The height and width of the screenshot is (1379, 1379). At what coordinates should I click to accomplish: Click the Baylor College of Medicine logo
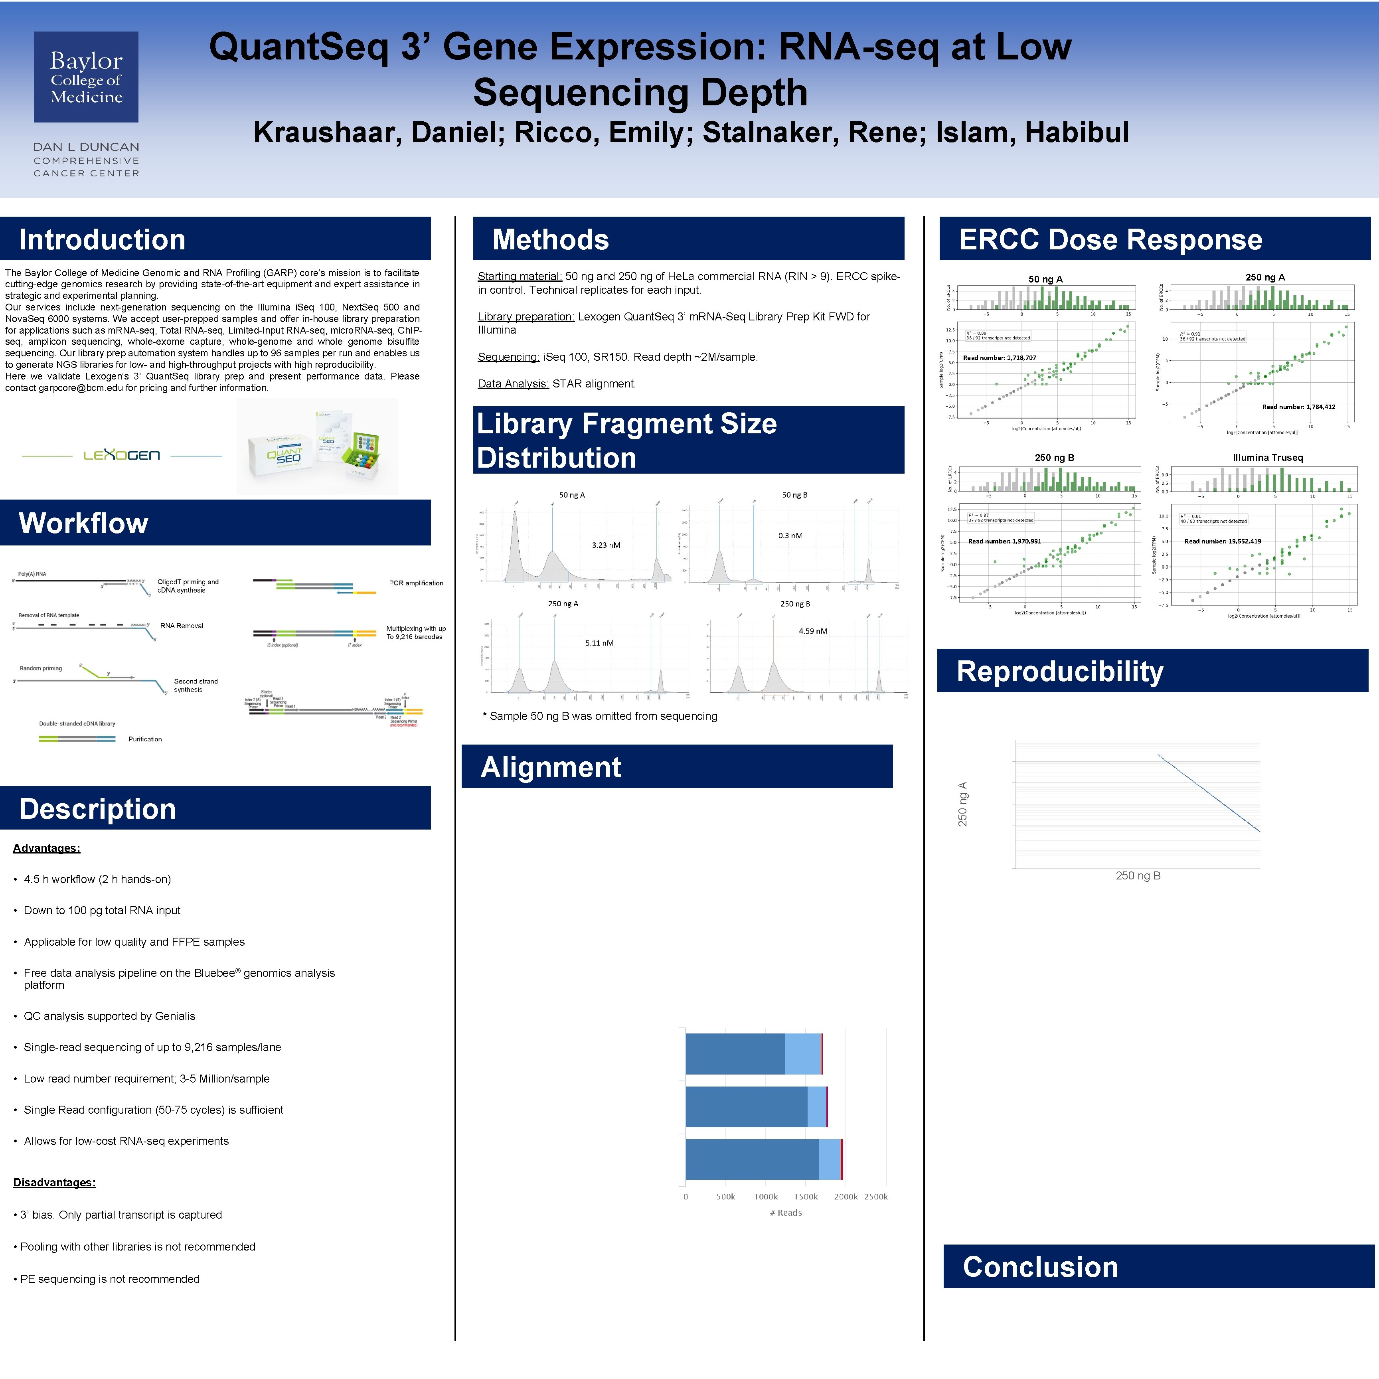(86, 77)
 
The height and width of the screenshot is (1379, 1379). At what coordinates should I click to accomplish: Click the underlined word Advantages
(46, 848)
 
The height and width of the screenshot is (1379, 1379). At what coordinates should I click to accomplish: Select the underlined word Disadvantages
(54, 1183)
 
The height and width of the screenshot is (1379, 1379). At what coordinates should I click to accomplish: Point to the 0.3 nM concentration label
(790, 535)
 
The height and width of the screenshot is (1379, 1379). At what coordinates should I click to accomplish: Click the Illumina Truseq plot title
(1268, 458)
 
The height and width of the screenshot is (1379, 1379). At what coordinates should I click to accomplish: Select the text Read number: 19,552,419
(1223, 541)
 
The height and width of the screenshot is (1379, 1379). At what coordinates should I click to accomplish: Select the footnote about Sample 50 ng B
(600, 716)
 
